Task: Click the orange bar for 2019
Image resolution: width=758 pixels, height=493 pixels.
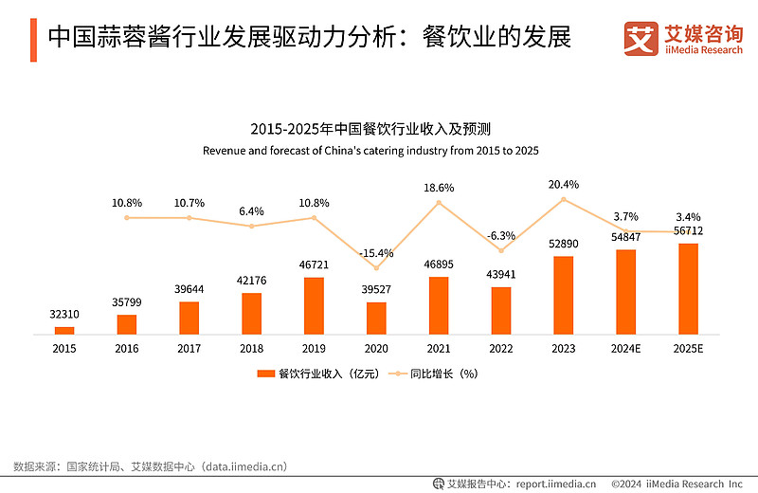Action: point(314,305)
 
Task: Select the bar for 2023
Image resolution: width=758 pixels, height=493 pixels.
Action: point(564,295)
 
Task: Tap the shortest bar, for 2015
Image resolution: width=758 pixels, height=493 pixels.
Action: point(64,330)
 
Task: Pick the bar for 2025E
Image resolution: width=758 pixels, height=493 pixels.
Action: point(689,289)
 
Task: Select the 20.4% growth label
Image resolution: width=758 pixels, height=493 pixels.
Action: point(564,184)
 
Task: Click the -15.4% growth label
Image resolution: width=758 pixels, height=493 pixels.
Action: point(376,253)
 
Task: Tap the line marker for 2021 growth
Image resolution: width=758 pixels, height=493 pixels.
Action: point(439,202)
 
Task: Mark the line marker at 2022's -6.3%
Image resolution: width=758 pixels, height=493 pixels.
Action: point(501,250)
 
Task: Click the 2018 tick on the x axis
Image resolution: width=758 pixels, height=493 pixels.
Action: point(251,349)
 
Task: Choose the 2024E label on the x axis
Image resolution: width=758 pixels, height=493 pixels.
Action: point(626,349)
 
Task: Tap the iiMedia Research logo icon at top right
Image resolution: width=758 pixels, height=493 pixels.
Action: point(641,37)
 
